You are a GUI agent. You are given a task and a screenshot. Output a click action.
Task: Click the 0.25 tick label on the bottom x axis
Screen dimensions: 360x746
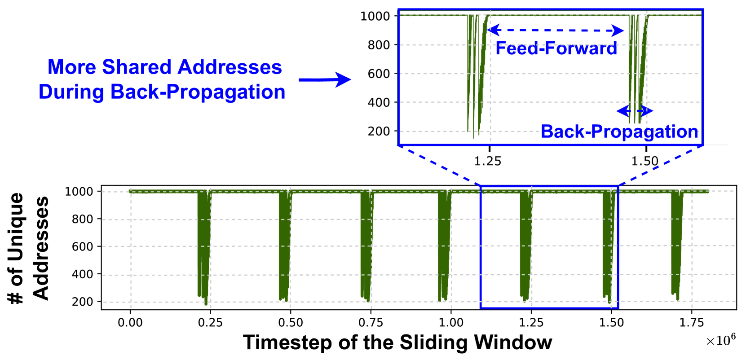210,323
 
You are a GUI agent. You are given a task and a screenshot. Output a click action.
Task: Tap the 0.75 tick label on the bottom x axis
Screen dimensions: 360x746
371,323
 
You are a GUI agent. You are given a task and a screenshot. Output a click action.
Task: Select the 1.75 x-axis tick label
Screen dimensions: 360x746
691,323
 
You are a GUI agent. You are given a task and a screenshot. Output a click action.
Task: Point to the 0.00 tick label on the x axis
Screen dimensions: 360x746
130,323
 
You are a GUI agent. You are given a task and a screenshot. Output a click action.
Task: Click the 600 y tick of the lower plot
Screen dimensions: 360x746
83,246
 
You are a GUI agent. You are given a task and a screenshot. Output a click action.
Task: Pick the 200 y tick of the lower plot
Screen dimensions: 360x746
83,302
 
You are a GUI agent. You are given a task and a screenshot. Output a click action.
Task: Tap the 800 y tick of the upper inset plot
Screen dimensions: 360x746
379,45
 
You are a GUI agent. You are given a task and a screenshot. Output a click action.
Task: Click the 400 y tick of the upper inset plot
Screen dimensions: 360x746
379,102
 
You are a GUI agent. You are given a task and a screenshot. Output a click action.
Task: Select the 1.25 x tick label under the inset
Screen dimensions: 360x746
488,161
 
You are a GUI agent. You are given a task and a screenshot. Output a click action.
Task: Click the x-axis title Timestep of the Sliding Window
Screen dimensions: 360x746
397,342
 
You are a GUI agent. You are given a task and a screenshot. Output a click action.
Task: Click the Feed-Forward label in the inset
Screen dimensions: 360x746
556,48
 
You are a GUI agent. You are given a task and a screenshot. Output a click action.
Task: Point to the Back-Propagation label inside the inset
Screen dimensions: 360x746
619,132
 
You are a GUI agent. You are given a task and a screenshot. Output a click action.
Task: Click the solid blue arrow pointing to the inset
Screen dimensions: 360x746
325,80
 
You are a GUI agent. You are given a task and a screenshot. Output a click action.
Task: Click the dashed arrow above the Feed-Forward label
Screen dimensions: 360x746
556,31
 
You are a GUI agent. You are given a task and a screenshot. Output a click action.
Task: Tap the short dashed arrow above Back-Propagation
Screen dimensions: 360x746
635,110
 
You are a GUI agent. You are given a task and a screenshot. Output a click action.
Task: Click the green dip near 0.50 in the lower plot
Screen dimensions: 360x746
284,247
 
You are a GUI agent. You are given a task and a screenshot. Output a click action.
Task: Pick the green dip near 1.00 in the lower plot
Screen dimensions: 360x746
444,247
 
